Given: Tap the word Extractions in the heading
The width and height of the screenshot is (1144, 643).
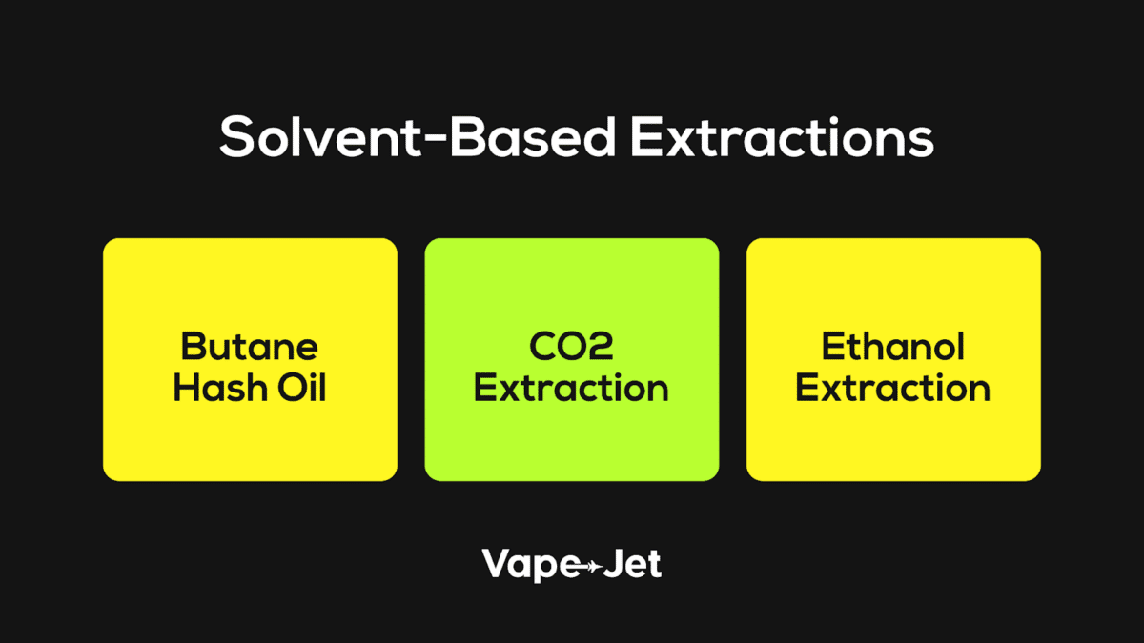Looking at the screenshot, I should point(781,139).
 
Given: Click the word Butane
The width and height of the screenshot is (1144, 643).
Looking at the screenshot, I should point(249,347).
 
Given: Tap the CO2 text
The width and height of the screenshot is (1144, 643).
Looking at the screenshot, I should point(571,347).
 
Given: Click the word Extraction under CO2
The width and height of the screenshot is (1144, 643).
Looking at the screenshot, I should point(571,389).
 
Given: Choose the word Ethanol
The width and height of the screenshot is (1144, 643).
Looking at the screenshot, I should point(893,347).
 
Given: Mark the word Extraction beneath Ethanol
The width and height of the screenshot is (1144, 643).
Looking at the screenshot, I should point(893,389).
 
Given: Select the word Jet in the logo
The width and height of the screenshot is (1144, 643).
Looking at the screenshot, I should point(633,564).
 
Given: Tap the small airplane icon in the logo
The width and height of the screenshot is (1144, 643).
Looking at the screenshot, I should point(591,567).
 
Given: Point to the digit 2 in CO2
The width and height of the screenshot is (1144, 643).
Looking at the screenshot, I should point(600,347).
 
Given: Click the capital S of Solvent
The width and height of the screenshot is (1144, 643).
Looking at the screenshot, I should point(236,139).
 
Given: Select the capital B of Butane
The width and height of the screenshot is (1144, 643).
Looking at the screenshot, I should point(192,347).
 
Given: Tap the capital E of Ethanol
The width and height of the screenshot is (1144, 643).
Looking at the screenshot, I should point(832,347).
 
